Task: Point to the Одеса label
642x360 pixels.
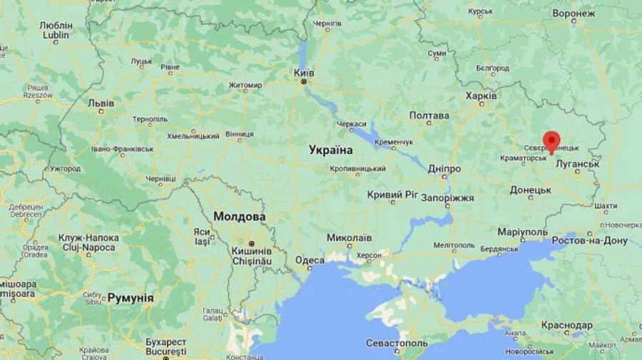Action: [x=310, y=261]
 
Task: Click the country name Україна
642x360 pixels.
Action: [x=330, y=150]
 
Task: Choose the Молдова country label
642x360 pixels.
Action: [x=240, y=216]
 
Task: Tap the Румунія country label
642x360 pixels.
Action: [x=131, y=298]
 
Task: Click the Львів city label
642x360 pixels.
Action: [x=101, y=103]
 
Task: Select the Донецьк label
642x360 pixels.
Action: [x=531, y=190]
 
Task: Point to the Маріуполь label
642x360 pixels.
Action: [x=522, y=232]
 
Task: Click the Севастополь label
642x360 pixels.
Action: [x=397, y=343]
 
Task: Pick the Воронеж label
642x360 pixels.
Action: [x=593, y=14]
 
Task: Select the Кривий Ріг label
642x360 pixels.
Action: [x=392, y=195]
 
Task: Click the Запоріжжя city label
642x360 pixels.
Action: [x=448, y=197]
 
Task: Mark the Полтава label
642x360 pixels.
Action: [x=429, y=115]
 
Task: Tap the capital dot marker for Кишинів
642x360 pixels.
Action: [x=251, y=243]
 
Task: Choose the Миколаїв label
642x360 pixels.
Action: [x=349, y=237]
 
